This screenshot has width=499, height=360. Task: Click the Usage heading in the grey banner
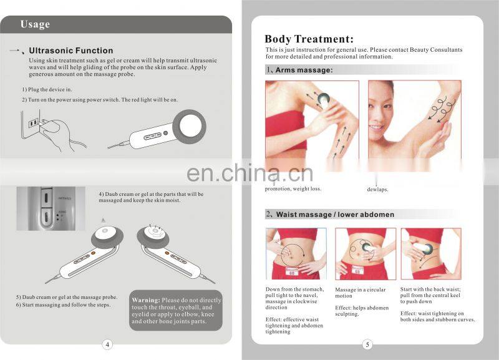(x=35, y=24)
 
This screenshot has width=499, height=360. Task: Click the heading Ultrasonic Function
(x=71, y=51)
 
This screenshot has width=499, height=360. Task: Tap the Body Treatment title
(x=309, y=39)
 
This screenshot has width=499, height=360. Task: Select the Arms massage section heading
(x=304, y=71)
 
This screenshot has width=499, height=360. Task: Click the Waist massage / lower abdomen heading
(x=335, y=214)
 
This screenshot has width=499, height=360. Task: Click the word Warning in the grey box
(x=146, y=300)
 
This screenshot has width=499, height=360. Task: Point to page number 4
(x=107, y=344)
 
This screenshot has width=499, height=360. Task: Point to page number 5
(x=367, y=344)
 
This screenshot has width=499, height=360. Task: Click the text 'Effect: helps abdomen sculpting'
(x=362, y=311)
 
